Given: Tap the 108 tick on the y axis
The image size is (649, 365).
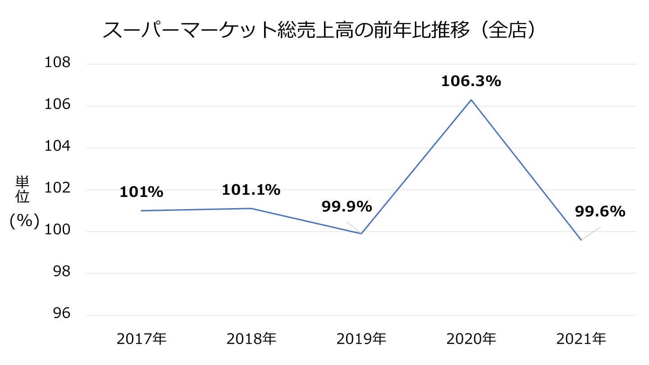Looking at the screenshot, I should pyautogui.click(x=57, y=63).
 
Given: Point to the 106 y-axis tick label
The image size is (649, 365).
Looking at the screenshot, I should pyautogui.click(x=57, y=105).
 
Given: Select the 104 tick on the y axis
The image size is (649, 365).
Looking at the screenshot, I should pyautogui.click(x=57, y=147).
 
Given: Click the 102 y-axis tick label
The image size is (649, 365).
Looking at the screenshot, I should pyautogui.click(x=57, y=189).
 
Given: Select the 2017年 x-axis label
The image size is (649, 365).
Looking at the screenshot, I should pyautogui.click(x=141, y=339).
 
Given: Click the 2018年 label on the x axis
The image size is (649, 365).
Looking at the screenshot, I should pyautogui.click(x=251, y=339).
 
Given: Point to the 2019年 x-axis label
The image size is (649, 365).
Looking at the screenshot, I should pyautogui.click(x=361, y=339).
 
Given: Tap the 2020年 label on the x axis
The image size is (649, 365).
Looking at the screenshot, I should pyautogui.click(x=471, y=339).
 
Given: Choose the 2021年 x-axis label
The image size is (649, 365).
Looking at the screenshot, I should pyautogui.click(x=581, y=339).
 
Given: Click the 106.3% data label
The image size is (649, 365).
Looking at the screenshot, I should pyautogui.click(x=471, y=82).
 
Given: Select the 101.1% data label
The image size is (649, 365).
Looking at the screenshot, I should pyautogui.click(x=251, y=190).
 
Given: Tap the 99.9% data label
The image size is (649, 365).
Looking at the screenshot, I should pyautogui.click(x=347, y=207).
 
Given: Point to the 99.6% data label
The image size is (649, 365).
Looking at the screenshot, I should pyautogui.click(x=600, y=211).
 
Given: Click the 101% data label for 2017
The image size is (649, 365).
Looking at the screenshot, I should pyautogui.click(x=141, y=192).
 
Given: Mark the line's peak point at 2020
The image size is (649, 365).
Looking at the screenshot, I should pyautogui.click(x=471, y=100).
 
